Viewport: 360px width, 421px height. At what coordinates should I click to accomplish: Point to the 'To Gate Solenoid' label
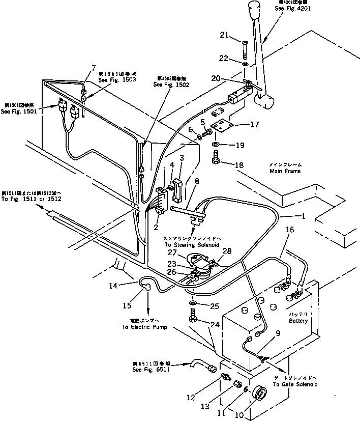(295, 384)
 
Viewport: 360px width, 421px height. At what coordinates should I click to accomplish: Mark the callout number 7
(93, 68)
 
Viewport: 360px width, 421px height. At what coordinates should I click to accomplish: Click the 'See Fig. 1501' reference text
(20, 111)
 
